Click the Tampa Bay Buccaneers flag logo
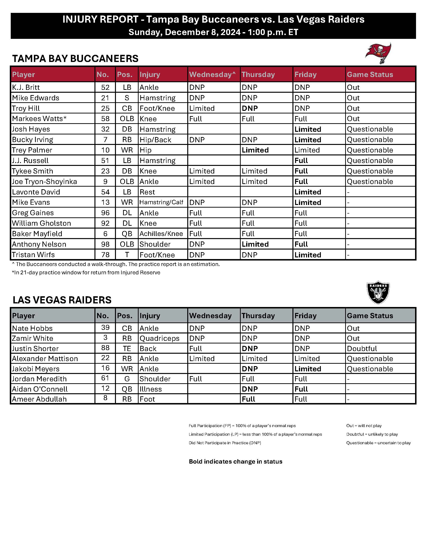(x=378, y=53)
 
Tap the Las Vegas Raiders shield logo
(x=378, y=292)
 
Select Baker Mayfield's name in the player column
(x=37, y=234)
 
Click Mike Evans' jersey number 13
(x=105, y=202)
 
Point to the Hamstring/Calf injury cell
(x=161, y=202)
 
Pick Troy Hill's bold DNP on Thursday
(x=250, y=108)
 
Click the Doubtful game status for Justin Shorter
(x=362, y=348)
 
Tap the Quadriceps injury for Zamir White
(x=159, y=338)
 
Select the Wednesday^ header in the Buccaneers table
(x=212, y=74)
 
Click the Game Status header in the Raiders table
(x=370, y=316)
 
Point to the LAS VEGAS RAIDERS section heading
(x=62, y=300)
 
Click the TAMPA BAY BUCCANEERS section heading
(x=75, y=59)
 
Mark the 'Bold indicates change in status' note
(x=235, y=461)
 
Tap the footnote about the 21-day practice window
(x=86, y=272)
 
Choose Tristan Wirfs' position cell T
(x=127, y=255)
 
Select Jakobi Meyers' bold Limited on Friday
(x=307, y=369)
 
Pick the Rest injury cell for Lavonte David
(x=147, y=192)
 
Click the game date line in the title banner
(x=213, y=32)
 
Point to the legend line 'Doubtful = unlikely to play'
(x=372, y=434)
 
